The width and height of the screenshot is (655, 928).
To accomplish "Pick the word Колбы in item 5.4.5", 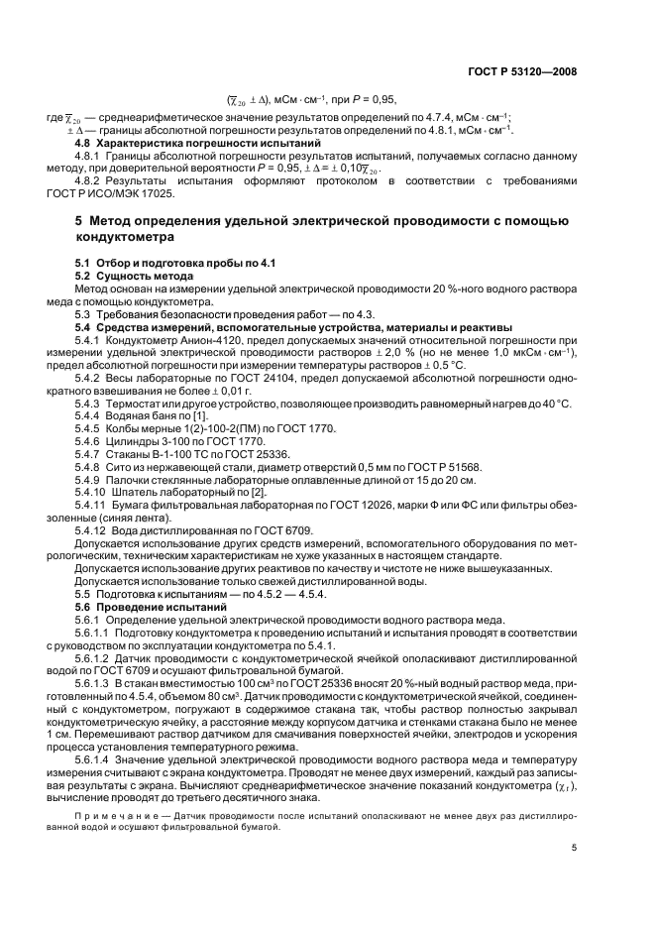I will point(123,430).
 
